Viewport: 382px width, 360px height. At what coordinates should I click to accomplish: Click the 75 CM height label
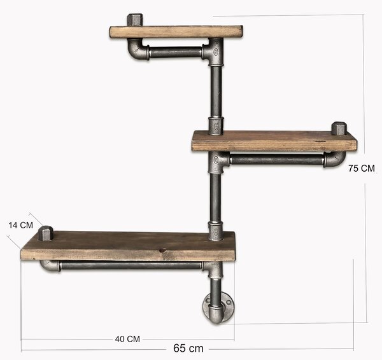point(361,169)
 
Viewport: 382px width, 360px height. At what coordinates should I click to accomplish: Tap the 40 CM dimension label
point(127,339)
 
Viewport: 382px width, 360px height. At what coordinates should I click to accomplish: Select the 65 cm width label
point(188,348)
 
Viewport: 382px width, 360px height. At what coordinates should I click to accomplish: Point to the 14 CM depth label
point(21,225)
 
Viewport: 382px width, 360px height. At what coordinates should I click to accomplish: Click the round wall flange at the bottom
point(218,308)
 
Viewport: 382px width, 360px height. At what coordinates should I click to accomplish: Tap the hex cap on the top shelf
point(135,20)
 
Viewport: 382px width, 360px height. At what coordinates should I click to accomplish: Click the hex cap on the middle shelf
point(339,128)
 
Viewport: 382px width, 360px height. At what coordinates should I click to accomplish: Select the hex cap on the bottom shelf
point(46,233)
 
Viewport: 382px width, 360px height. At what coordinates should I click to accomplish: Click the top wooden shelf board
point(176,32)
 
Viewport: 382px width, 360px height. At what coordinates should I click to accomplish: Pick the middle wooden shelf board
point(274,141)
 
